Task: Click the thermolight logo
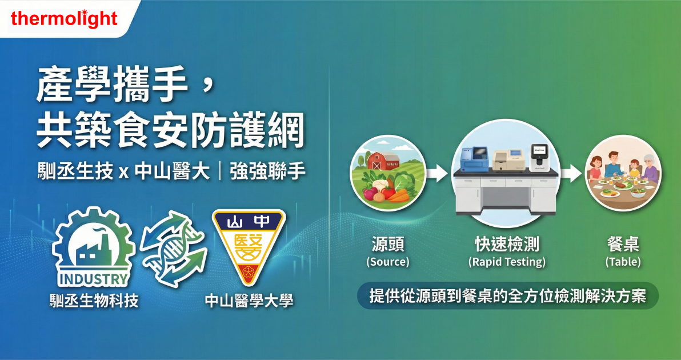pyautogui.click(x=64, y=19)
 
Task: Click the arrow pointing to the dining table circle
pyautogui.click(x=571, y=174)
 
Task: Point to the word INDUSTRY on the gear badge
pyautogui.click(x=93, y=279)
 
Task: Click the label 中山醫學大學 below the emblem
pyautogui.click(x=249, y=301)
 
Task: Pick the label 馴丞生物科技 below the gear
pyautogui.click(x=94, y=301)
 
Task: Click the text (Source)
pyautogui.click(x=388, y=262)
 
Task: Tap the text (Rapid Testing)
pyautogui.click(x=506, y=262)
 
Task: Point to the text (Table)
pyautogui.click(x=623, y=262)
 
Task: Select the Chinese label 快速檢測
pyautogui.click(x=507, y=245)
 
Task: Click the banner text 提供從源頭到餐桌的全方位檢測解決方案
pyautogui.click(x=508, y=296)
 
